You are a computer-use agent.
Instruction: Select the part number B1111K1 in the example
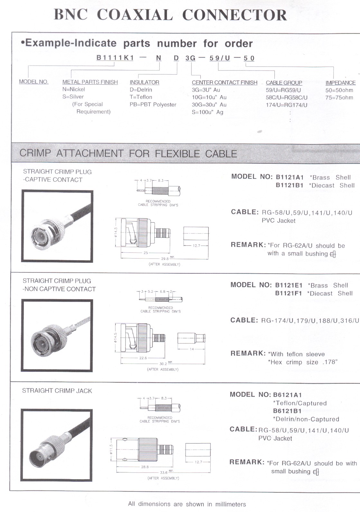(x=115, y=58)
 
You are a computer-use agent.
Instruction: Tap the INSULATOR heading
(x=144, y=82)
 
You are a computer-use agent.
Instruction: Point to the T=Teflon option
(x=141, y=97)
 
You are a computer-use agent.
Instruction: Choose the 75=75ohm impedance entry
(x=339, y=98)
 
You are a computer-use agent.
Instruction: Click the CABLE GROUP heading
(x=284, y=83)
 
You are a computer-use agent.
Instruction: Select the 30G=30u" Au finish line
(x=209, y=105)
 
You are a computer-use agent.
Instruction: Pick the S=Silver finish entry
(x=73, y=97)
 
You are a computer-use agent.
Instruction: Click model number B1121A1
(x=290, y=177)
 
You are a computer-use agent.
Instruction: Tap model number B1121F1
(x=289, y=293)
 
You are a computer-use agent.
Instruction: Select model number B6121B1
(x=287, y=411)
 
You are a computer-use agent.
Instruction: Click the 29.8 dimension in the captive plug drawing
(x=165, y=259)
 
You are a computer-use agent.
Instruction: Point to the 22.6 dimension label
(x=143, y=358)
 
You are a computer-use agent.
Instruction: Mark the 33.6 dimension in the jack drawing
(x=164, y=472)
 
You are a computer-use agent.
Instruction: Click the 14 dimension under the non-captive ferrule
(x=192, y=349)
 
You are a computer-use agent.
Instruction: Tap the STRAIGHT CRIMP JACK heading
(x=57, y=391)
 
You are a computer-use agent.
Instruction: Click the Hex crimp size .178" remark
(x=303, y=362)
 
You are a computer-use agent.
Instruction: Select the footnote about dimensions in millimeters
(x=187, y=504)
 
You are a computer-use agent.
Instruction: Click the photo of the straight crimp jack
(x=57, y=445)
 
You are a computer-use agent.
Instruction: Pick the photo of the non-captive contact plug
(x=57, y=335)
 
